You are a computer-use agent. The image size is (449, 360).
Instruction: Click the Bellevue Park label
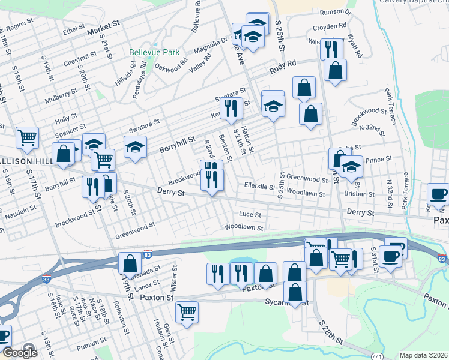tap(154, 52)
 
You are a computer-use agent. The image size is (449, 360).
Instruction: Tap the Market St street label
tap(104, 29)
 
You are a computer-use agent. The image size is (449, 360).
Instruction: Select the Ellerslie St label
tap(259, 185)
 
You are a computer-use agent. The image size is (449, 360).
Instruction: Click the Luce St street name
tap(250, 214)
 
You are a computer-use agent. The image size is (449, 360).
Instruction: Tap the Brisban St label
tap(360, 194)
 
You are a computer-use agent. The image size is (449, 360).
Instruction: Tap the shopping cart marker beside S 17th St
tap(27, 138)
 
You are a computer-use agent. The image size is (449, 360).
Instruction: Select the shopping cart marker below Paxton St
tap(187, 311)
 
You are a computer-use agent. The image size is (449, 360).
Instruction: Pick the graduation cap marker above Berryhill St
tap(136, 147)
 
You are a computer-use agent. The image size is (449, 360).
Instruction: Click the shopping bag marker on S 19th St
tap(130, 263)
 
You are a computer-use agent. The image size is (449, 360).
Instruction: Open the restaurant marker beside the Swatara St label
tap(231, 108)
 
